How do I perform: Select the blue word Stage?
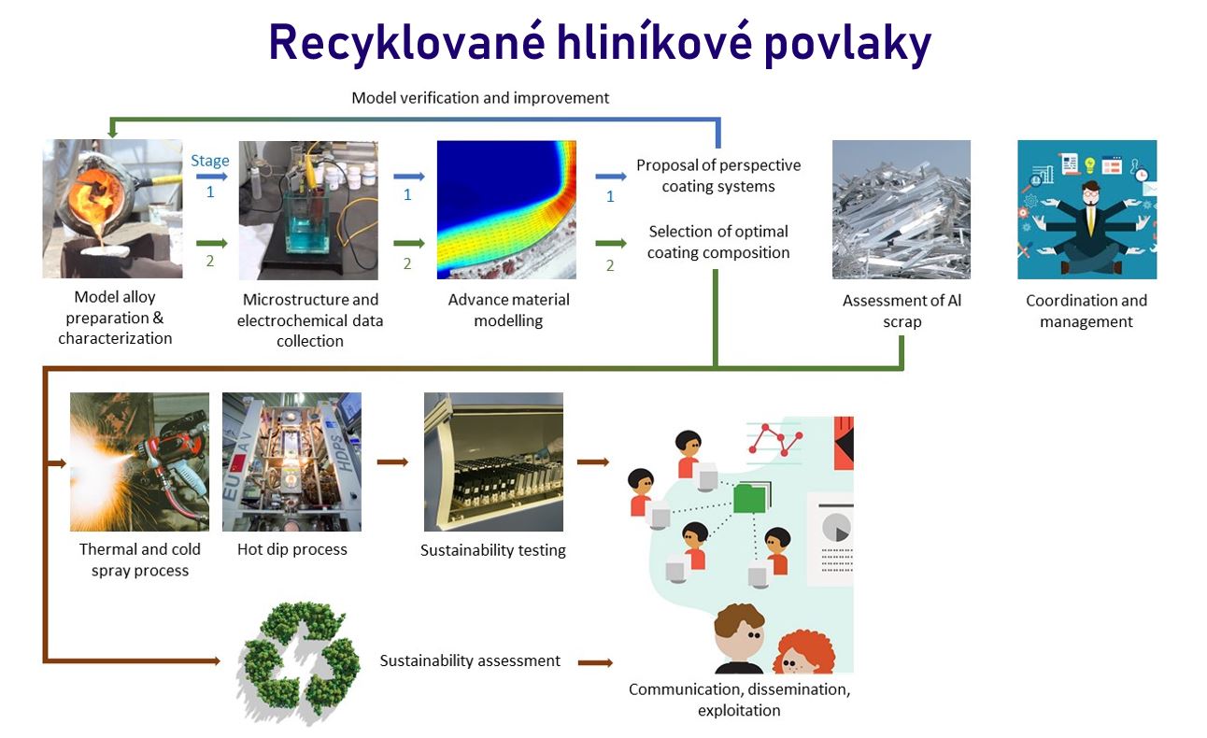(x=209, y=161)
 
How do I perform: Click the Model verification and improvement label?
(x=480, y=98)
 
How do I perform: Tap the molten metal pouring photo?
(x=113, y=209)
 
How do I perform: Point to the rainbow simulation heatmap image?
(x=506, y=209)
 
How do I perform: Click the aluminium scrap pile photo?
(x=902, y=209)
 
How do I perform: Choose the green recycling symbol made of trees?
(x=300, y=662)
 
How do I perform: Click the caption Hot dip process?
(x=292, y=549)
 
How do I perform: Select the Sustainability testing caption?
(x=493, y=550)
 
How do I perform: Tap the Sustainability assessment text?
(x=470, y=660)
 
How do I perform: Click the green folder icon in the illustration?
(x=750, y=497)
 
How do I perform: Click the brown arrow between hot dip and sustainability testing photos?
(x=392, y=461)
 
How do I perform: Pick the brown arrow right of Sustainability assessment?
(x=595, y=662)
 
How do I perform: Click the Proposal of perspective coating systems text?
(x=718, y=176)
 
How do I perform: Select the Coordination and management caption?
(x=1086, y=311)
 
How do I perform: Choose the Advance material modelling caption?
(x=508, y=310)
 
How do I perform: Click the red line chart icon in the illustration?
(x=776, y=440)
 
